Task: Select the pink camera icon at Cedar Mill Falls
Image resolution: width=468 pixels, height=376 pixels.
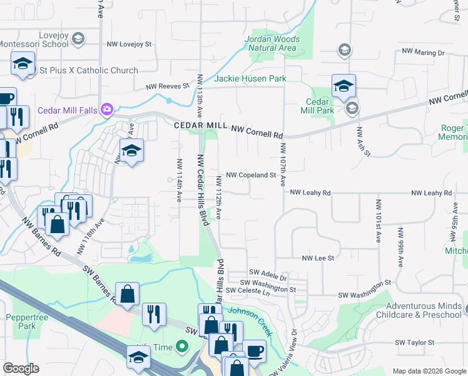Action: (x=107, y=110)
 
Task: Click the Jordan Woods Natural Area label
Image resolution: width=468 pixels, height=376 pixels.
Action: (x=272, y=43)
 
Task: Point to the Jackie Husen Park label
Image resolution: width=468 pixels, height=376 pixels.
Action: (x=250, y=79)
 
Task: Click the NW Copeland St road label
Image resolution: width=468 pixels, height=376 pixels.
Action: (x=251, y=175)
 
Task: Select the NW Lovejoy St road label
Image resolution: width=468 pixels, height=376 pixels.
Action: (x=130, y=44)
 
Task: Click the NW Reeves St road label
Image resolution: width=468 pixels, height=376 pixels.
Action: (x=167, y=86)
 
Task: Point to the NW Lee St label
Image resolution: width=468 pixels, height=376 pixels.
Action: (x=318, y=258)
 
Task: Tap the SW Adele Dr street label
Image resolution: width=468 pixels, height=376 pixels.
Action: (x=268, y=273)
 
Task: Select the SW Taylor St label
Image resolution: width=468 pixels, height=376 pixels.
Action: (x=414, y=343)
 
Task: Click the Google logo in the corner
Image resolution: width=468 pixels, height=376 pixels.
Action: (x=21, y=368)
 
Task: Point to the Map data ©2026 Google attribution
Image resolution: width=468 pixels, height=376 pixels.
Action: (x=429, y=371)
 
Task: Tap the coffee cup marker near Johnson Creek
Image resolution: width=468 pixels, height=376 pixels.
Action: (x=254, y=352)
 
